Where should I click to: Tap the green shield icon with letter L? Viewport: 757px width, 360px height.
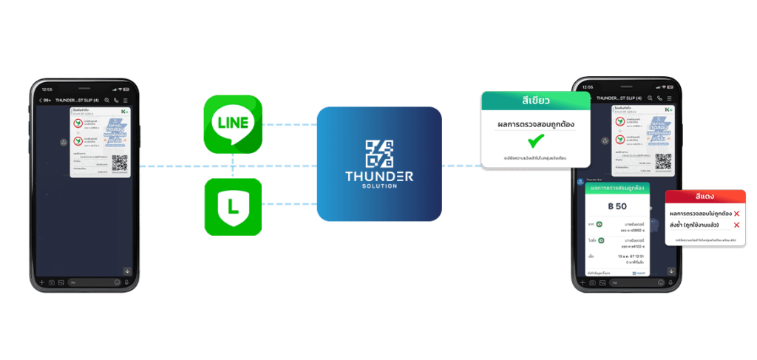coord(232,206)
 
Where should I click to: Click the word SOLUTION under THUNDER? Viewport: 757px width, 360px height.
coord(379,186)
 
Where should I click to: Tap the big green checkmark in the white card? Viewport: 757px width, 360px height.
coord(535,140)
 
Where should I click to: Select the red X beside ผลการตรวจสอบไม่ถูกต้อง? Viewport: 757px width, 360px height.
coord(736,214)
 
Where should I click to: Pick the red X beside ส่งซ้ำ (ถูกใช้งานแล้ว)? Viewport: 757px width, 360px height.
coord(736,224)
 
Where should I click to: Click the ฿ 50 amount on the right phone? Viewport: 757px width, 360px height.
coord(616,205)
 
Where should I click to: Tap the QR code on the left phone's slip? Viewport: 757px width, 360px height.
coord(120,163)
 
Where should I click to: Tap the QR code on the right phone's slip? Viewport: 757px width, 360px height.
coord(663,161)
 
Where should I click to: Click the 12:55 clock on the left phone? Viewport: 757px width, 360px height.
coord(48,89)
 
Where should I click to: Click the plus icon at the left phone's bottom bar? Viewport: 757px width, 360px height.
coord(42,282)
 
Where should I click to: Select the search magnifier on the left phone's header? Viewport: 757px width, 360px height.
coord(108,100)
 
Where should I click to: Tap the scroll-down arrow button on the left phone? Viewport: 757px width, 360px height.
coord(126,271)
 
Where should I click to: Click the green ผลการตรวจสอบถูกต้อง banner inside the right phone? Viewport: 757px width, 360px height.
coord(616,188)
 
